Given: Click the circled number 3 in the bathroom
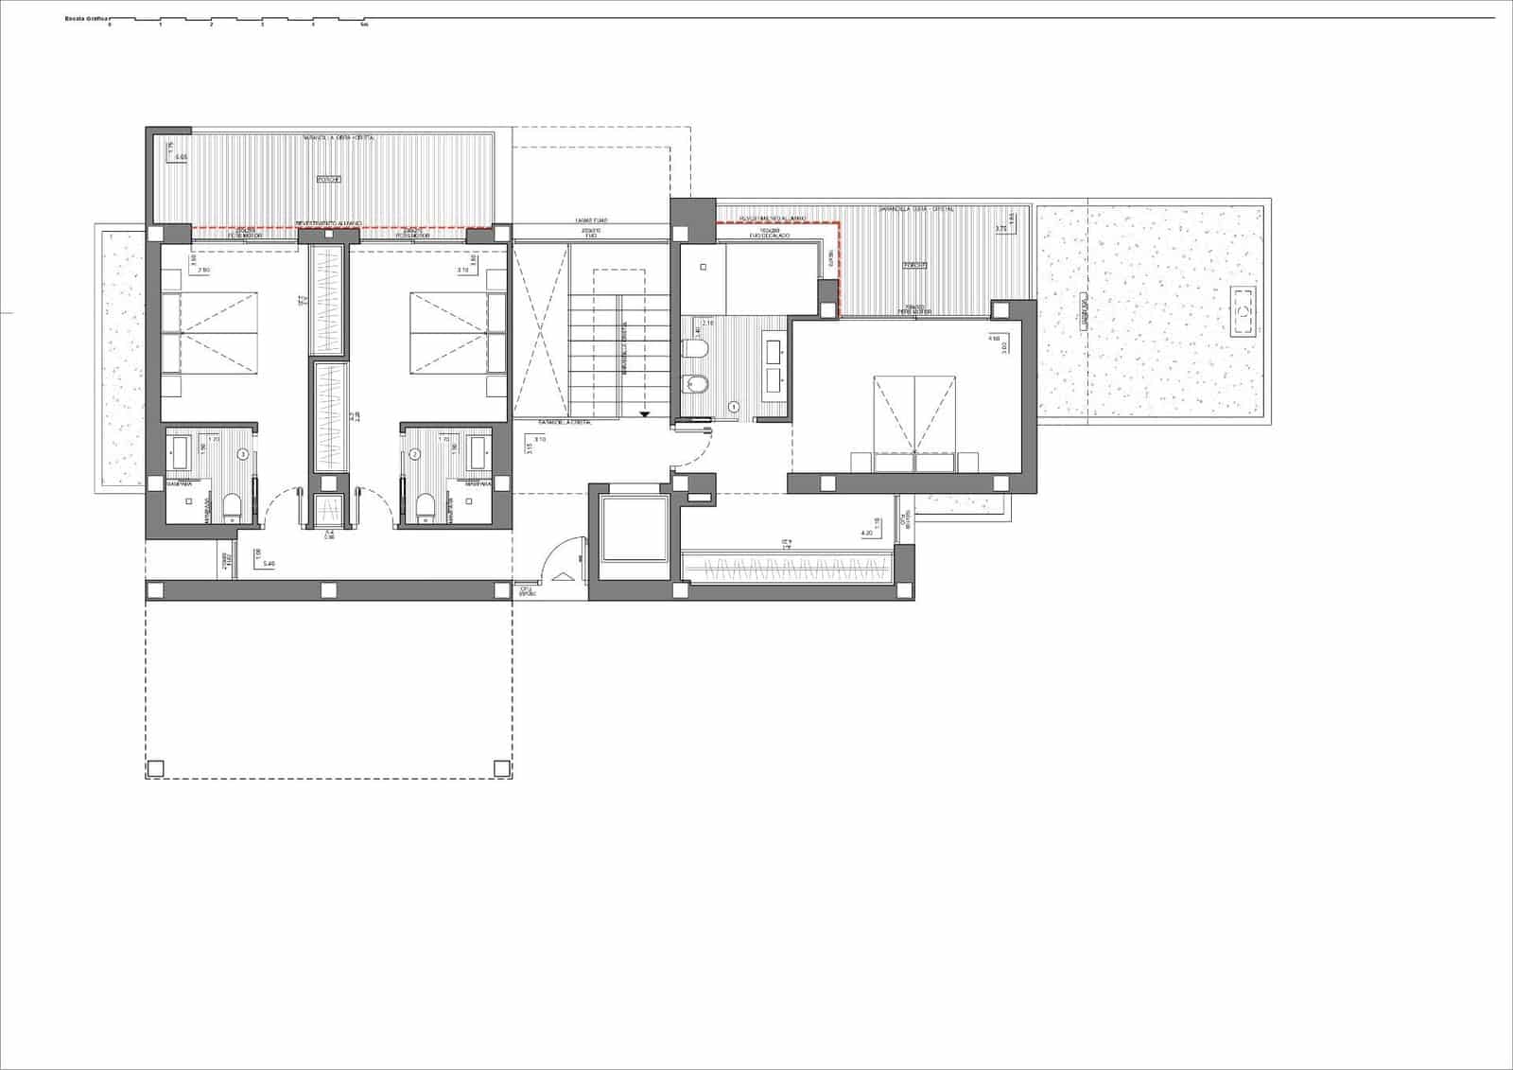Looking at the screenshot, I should pos(243,455).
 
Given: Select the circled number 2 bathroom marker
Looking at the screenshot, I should pos(414,455).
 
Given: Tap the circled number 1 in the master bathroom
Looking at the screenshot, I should pos(734,407).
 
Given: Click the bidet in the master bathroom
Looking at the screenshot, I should pos(694,383).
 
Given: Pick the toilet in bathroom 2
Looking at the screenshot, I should pos(425,507).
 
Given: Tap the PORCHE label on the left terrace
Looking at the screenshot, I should pos(328,179).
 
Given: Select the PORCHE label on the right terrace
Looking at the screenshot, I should pos(913,266).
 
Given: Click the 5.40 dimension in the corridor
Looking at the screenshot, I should pos(269,564).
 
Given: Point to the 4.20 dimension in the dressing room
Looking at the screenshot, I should pos(866,534).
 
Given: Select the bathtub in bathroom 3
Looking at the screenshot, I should pos(183,452).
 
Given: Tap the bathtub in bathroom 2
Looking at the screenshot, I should pos(478,452).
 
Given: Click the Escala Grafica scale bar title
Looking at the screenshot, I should pos(84,18).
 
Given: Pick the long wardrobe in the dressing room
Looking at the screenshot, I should pos(787,569).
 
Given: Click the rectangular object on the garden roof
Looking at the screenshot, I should pos(1243,311).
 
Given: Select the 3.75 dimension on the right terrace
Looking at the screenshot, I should pos(1000,228).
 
